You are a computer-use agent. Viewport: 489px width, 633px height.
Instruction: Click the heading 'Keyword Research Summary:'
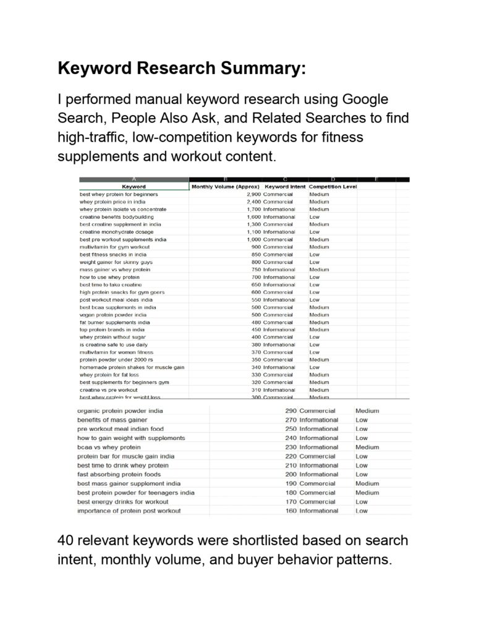[181, 69]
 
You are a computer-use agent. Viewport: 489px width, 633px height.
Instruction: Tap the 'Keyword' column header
[134, 186]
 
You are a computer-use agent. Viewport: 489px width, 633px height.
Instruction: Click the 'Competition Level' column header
[333, 186]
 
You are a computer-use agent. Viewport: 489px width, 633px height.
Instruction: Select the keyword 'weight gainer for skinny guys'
[116, 262]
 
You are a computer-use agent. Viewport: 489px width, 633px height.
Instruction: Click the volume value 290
[291, 410]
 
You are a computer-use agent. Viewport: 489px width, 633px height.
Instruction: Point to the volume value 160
[291, 511]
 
